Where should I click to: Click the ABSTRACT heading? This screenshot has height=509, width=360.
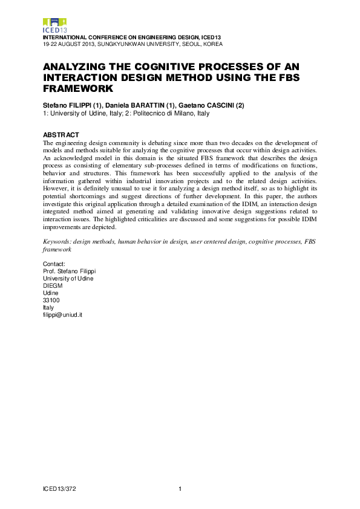[61, 134]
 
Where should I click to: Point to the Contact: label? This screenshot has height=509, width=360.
[54, 264]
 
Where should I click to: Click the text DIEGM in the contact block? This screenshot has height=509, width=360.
[53, 286]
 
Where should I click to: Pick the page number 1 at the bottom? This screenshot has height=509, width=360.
[180, 488]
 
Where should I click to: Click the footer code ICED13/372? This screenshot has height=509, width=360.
[59, 488]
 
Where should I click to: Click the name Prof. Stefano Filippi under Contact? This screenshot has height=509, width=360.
[70, 271]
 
